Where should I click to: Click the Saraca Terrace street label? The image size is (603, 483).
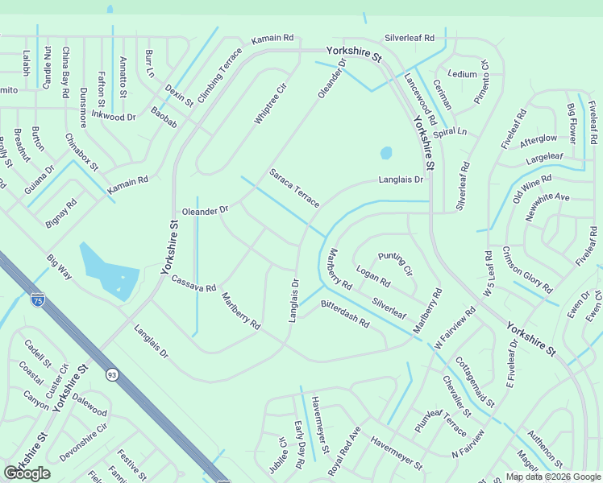pyautogui.click(x=294, y=188)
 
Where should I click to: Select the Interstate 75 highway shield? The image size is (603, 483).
pyautogui.click(x=38, y=300)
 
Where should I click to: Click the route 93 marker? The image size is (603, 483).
pyautogui.click(x=112, y=374)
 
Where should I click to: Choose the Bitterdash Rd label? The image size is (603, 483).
pyautogui.click(x=344, y=313)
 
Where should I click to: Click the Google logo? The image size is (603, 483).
pyautogui.click(x=27, y=473)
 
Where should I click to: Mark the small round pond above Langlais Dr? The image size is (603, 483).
pyautogui.click(x=386, y=152)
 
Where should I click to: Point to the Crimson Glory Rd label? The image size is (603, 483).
pyautogui.click(x=527, y=270)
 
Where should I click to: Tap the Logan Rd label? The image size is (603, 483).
pyautogui.click(x=373, y=278)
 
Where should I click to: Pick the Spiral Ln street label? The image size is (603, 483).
pyautogui.click(x=450, y=131)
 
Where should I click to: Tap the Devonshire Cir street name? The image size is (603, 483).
pyautogui.click(x=83, y=442)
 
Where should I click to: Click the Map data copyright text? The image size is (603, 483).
pyautogui.click(x=553, y=477)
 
